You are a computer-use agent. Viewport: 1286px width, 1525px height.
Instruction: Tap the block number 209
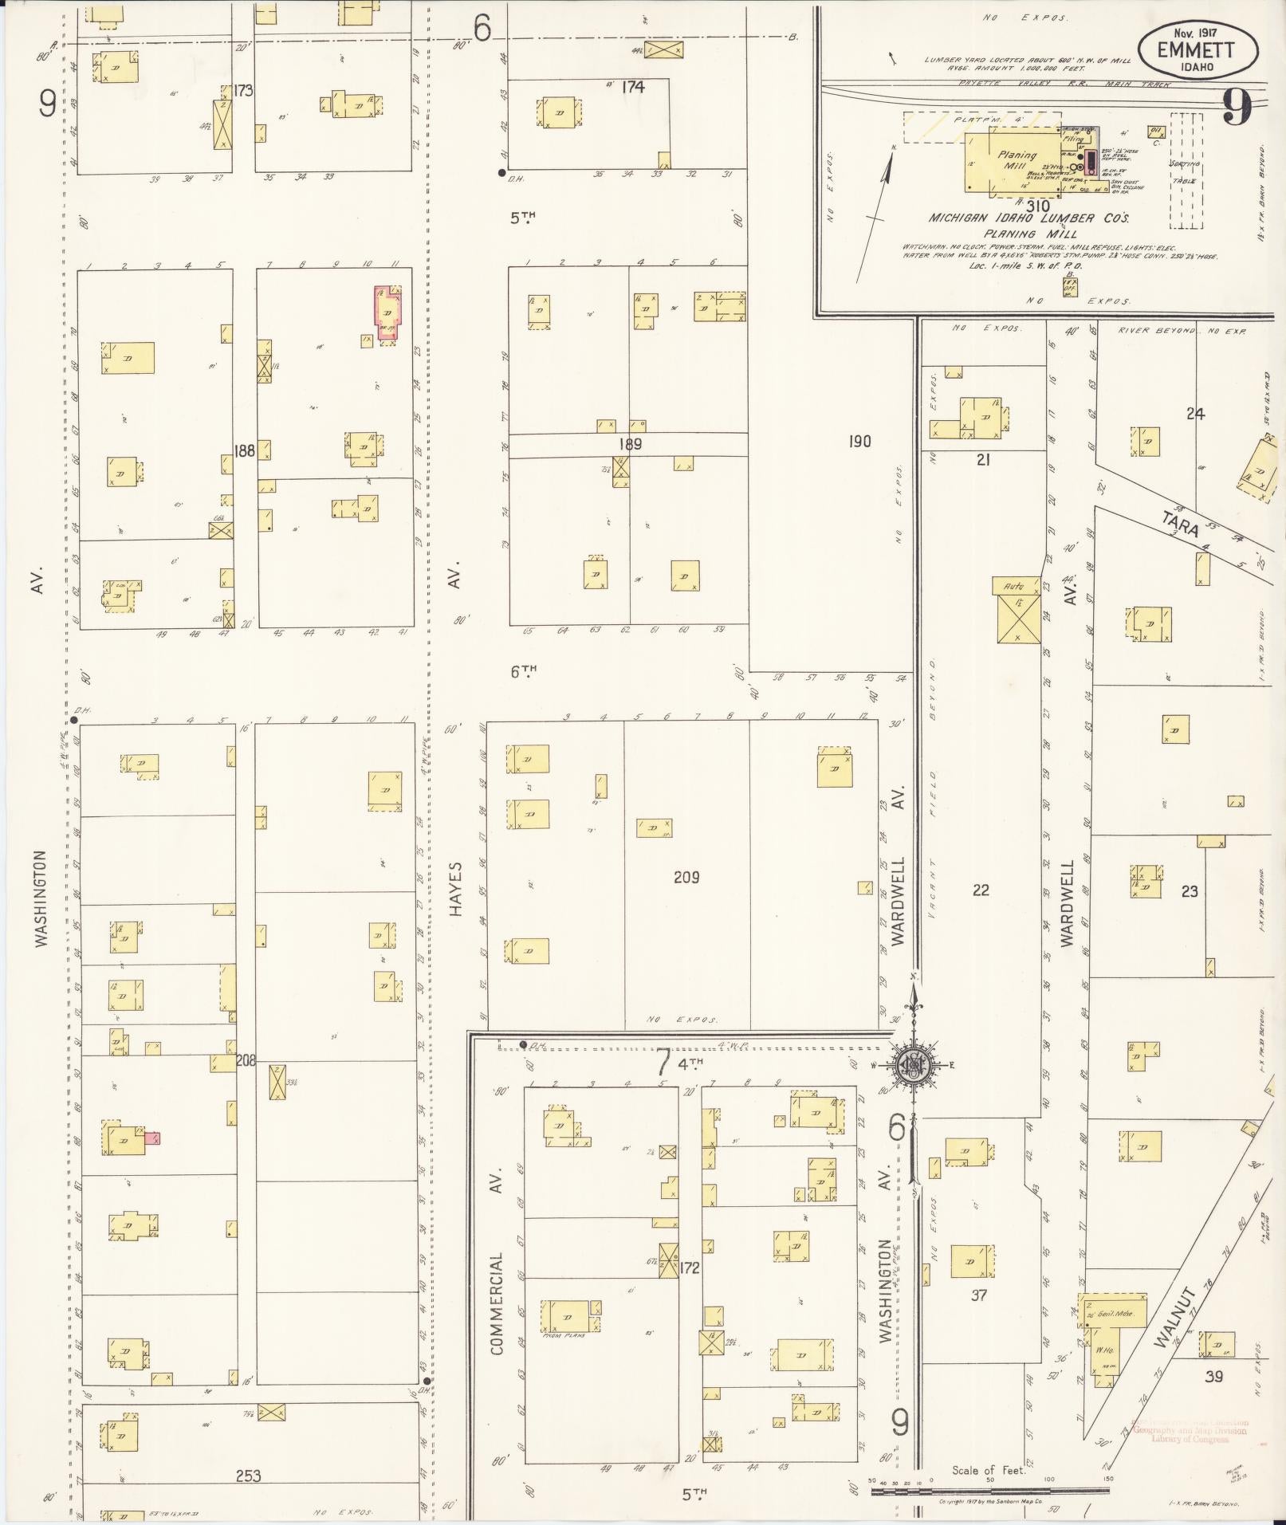tap(686, 878)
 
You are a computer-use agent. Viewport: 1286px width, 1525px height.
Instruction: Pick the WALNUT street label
tap(1172, 1328)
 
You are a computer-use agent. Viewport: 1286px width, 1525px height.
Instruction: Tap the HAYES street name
tap(455, 888)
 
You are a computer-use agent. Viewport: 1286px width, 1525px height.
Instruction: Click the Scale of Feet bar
tap(989, 1490)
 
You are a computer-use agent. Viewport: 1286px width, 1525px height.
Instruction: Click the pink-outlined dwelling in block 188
tap(388, 313)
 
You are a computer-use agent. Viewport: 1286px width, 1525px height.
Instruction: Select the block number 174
tap(632, 87)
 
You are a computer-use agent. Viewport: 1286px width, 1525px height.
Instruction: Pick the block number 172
tap(689, 1268)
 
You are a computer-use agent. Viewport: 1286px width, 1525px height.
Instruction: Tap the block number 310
tap(1038, 205)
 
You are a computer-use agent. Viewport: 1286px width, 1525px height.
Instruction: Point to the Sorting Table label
tap(1185, 170)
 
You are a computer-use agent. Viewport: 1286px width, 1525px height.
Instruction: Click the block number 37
tap(979, 1295)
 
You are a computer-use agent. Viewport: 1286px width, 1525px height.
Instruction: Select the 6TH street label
tap(524, 671)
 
